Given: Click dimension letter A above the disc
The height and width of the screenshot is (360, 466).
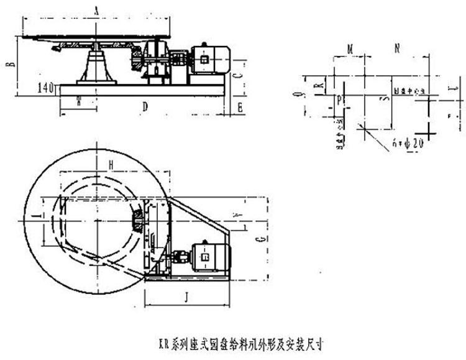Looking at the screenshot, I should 97,10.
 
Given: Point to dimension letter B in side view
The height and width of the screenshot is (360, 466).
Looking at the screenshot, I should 7,67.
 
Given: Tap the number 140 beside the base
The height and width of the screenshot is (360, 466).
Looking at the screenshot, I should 46,88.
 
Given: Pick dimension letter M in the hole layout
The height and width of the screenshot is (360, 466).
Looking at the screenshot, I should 350,48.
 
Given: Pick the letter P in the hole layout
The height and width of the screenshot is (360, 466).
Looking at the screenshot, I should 339,99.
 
